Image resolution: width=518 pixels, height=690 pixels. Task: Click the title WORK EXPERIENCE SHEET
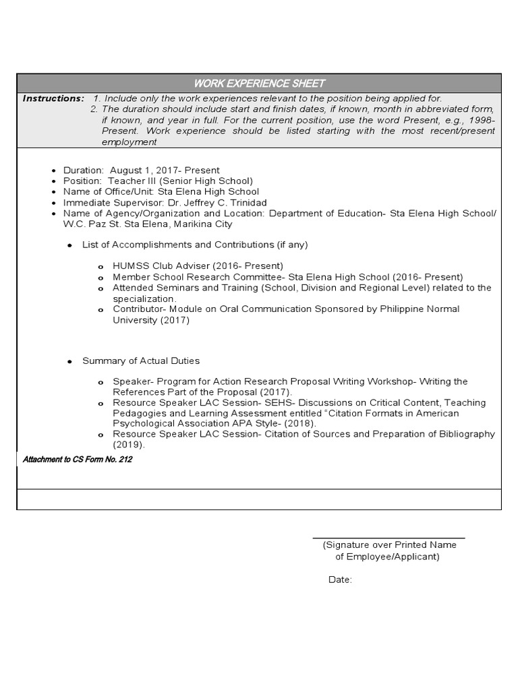[259, 84]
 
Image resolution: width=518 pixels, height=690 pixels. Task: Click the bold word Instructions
[53, 98]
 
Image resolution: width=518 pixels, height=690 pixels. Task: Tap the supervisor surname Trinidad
[244, 203]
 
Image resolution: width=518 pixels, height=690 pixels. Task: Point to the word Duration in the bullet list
[83, 170]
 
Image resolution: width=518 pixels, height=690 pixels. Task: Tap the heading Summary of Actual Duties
[140, 361]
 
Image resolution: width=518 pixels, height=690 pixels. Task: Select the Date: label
[340, 579]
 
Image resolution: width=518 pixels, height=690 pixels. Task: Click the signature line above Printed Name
[388, 538]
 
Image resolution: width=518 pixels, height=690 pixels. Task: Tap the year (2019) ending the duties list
[129, 445]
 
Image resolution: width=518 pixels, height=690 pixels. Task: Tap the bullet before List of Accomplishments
[69, 246]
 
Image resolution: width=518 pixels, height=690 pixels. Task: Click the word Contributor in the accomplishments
[138, 309]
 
